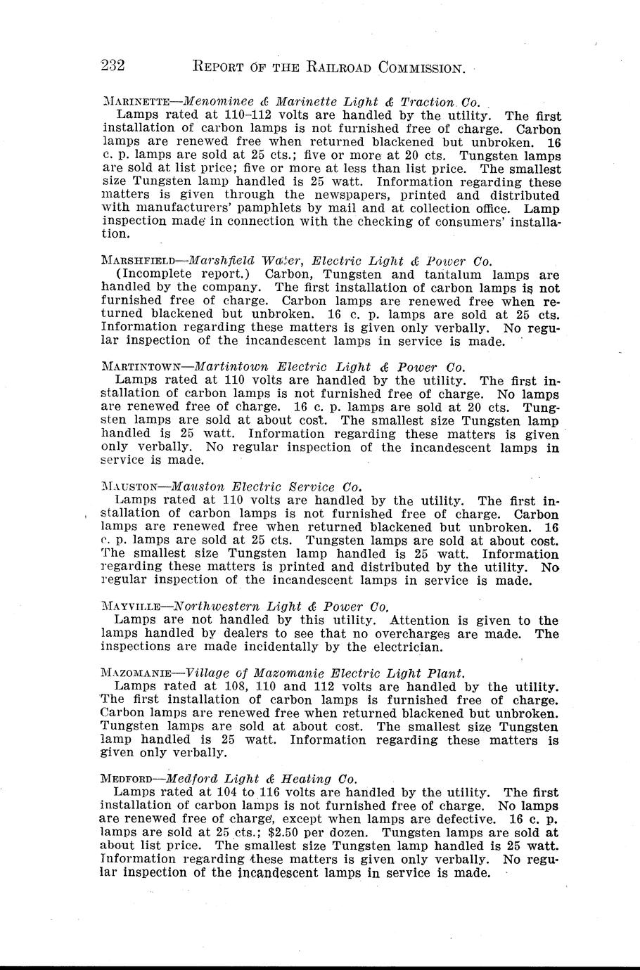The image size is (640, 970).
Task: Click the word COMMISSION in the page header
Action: [421, 68]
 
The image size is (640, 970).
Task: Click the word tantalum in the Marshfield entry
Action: [450, 274]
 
